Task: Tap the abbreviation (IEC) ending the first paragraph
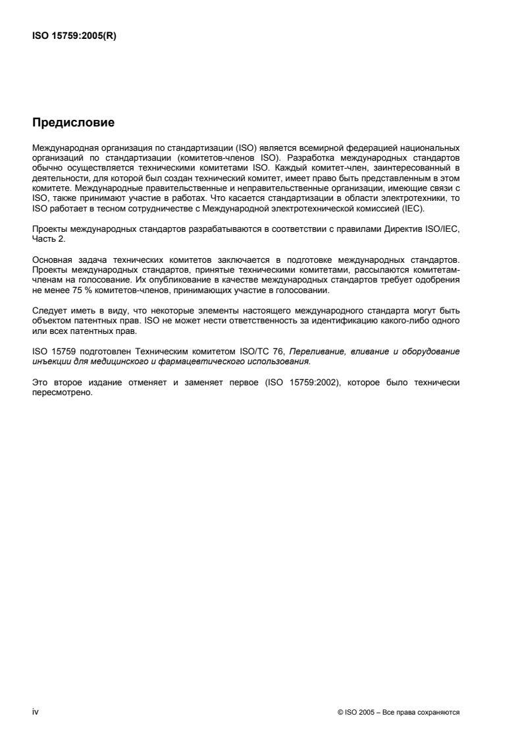417,209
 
